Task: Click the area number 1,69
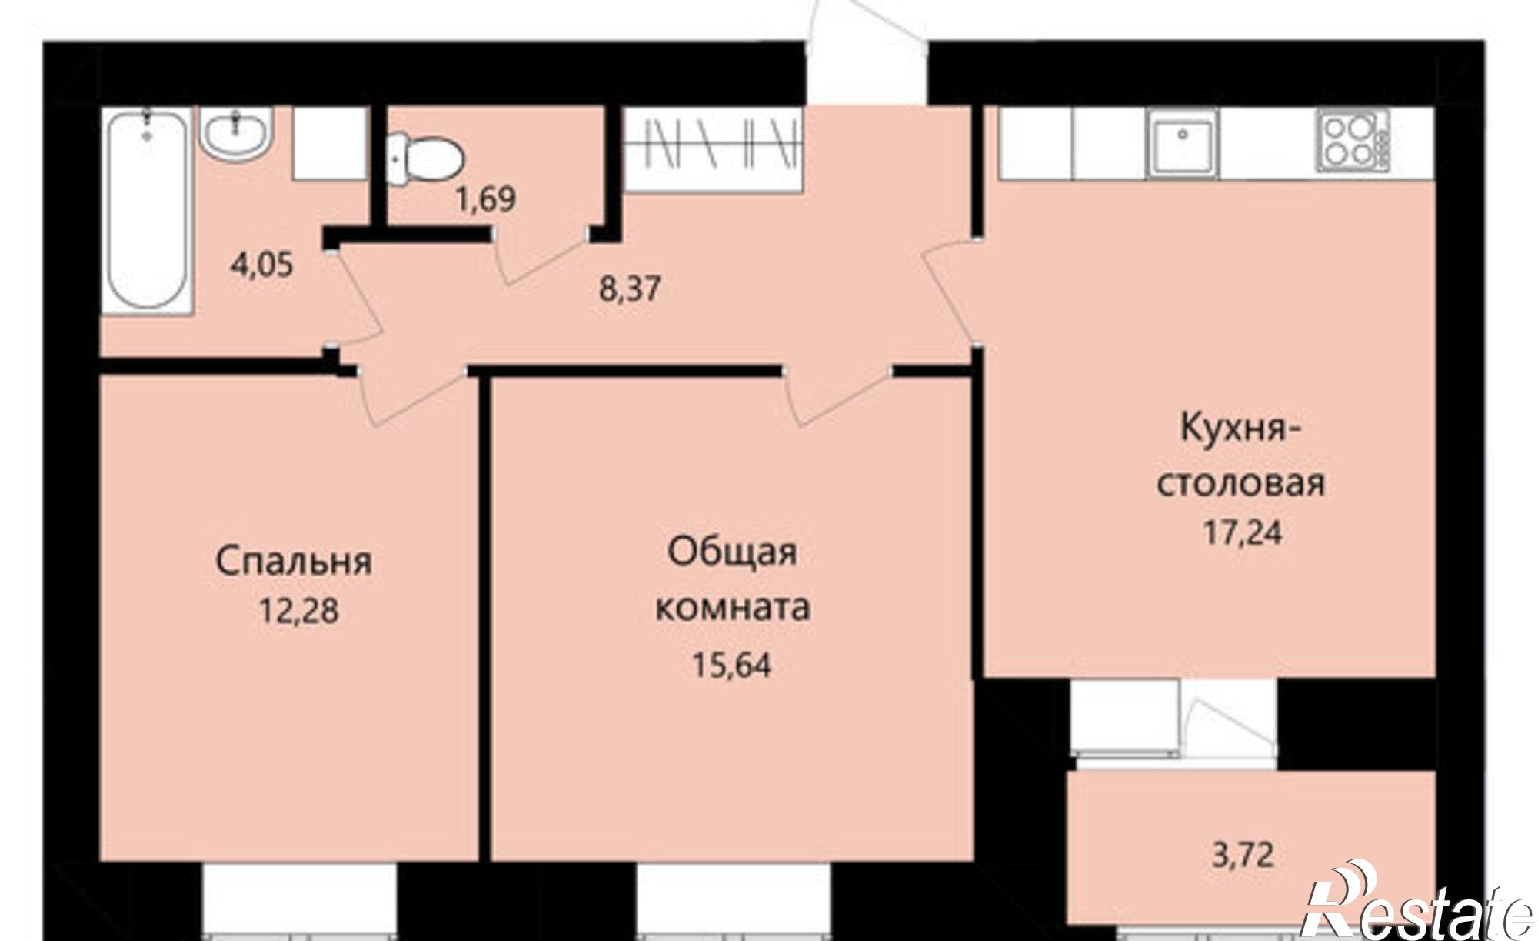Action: tap(485, 200)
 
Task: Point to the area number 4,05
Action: tap(261, 266)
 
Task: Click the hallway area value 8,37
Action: tap(630, 289)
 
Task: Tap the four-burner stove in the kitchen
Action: tap(1353, 142)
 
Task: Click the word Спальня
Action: tap(294, 562)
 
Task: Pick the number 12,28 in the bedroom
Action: tap(299, 612)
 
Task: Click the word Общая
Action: tap(731, 552)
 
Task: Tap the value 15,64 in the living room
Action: tap(731, 664)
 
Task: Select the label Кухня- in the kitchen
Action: tap(1240, 429)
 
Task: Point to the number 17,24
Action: tap(1243, 532)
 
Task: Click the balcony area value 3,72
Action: tap(1243, 855)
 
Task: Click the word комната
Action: tap(731, 608)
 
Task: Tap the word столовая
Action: tap(1241, 483)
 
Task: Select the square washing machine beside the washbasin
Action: tap(328, 144)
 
